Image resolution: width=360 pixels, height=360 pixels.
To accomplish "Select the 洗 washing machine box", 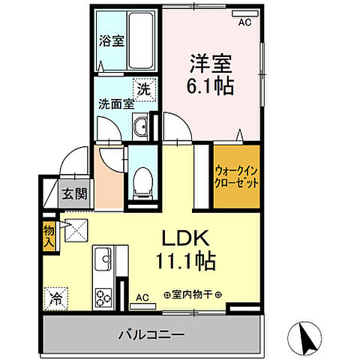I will (x=142, y=87).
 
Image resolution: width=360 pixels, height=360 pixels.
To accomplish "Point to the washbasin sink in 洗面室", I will (x=141, y=127).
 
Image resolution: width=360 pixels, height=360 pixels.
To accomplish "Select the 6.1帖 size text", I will (x=209, y=84).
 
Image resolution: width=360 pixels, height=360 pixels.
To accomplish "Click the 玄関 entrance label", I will (x=74, y=194).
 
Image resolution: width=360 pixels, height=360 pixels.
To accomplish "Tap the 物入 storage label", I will (x=49, y=235).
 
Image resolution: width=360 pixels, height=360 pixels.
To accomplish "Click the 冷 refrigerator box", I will (x=55, y=297).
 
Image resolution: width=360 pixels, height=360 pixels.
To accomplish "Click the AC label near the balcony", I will (x=142, y=298).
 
